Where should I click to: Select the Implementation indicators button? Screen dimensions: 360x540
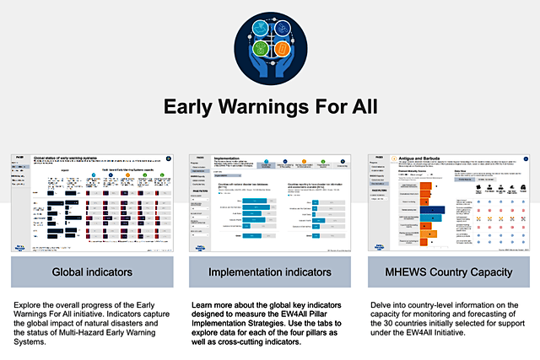coord(270,271)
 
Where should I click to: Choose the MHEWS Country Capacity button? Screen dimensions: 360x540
coord(448,271)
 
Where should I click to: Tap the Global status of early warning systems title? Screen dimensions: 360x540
coord(77,159)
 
